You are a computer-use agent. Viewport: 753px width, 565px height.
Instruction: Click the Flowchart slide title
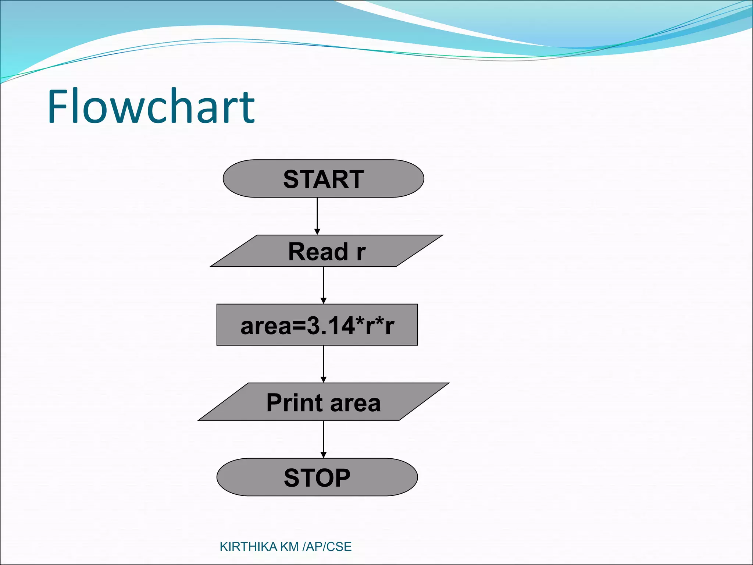(151, 107)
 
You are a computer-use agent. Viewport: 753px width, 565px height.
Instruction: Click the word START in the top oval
(323, 180)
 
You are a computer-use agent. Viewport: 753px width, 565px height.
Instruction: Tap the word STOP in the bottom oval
(317, 478)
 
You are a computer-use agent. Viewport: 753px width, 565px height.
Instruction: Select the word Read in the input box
(318, 252)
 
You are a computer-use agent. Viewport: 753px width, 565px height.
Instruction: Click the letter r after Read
(361, 253)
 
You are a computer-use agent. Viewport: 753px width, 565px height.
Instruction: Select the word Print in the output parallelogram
(295, 403)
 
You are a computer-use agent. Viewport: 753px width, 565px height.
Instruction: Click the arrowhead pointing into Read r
(317, 231)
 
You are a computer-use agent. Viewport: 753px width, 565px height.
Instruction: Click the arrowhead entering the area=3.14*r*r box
(324, 301)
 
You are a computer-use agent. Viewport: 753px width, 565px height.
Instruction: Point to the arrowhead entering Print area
(324, 379)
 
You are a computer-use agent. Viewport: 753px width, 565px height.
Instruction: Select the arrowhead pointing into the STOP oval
(324, 455)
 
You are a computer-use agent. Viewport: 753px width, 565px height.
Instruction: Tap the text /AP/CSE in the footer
(327, 547)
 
